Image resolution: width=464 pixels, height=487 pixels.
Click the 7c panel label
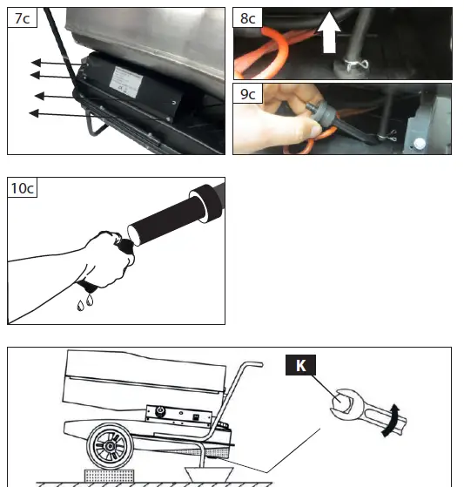(x=22, y=18)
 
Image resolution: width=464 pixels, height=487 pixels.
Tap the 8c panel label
(x=247, y=18)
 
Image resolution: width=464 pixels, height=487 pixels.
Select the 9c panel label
(x=247, y=93)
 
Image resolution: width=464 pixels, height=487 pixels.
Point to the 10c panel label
(x=22, y=187)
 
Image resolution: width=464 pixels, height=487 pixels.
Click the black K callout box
(x=300, y=365)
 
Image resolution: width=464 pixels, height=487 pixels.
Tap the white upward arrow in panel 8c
(x=329, y=32)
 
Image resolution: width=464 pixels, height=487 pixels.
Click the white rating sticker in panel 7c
(x=125, y=82)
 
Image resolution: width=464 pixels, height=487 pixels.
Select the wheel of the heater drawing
(x=110, y=446)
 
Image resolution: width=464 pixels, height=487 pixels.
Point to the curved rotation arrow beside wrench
(x=392, y=420)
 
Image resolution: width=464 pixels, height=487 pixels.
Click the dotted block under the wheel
(x=109, y=476)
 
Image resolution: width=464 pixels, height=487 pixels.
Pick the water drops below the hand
(x=85, y=302)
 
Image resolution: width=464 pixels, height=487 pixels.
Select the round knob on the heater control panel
(x=160, y=411)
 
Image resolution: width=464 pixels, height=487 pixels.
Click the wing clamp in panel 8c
(x=356, y=65)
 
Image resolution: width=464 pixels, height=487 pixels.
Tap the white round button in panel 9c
(x=420, y=144)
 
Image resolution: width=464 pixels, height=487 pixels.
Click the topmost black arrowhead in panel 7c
(x=36, y=63)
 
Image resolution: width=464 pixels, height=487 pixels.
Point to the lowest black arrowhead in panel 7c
(x=34, y=113)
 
